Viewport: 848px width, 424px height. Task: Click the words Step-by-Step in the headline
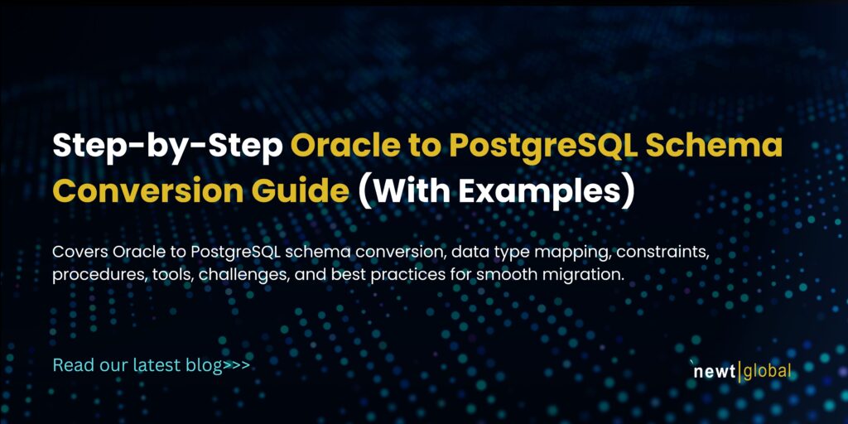(166, 147)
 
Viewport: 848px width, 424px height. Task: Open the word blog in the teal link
(206, 365)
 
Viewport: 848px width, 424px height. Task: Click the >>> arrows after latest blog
(237, 365)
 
